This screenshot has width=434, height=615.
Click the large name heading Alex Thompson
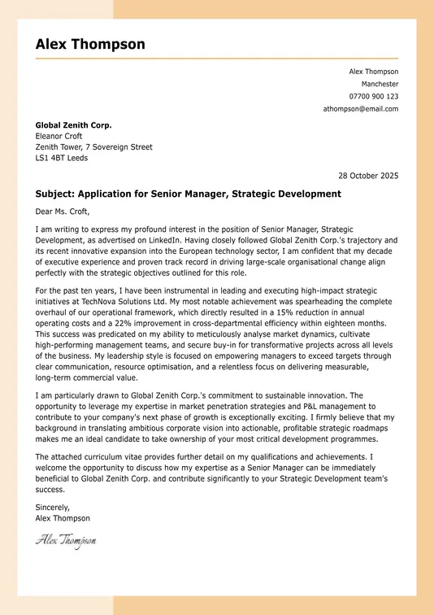pos(90,44)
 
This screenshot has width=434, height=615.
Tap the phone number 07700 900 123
pos(373,96)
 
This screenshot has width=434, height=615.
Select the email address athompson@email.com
pos(361,108)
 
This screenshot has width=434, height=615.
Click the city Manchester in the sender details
pos(380,84)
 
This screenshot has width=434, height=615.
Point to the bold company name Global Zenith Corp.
pos(73,125)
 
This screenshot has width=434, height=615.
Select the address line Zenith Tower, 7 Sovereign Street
pos(93,147)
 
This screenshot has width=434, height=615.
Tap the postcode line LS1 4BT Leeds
pos(62,158)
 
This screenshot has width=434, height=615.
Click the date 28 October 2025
pos(368,175)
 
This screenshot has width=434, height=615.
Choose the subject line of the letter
pos(188,194)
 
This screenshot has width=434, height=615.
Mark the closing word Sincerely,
pos(53,507)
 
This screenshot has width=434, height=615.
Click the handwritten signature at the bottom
pos(65,539)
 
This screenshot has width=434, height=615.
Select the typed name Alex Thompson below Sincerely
pos(63,517)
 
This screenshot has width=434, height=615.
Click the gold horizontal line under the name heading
pos(216,59)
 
